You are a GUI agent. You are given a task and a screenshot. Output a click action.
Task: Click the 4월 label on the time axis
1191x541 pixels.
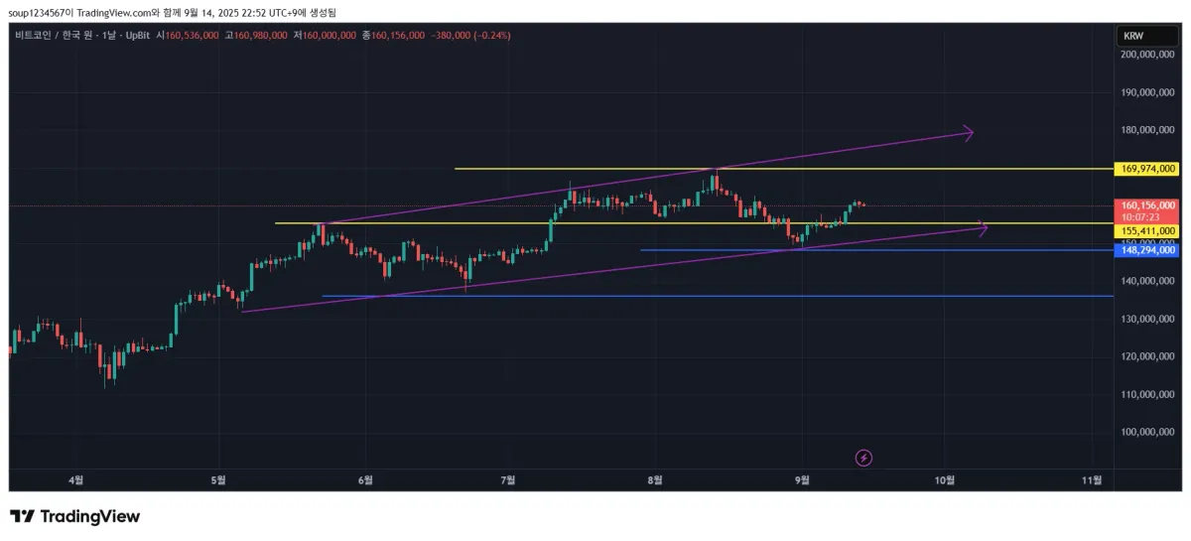(75, 479)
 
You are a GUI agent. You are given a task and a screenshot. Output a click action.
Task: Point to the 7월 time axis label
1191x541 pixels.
(508, 479)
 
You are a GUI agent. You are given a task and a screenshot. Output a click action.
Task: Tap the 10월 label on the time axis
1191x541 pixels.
(945, 479)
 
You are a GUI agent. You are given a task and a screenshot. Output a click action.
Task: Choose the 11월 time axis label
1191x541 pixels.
(1091, 479)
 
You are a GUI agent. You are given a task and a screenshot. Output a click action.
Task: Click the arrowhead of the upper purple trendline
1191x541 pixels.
(968, 132)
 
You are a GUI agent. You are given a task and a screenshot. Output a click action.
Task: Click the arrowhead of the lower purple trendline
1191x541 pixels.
(983, 228)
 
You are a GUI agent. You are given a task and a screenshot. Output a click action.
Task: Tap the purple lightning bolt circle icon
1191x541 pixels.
(864, 458)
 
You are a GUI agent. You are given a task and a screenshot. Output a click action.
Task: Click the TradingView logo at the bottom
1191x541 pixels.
(75, 516)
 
